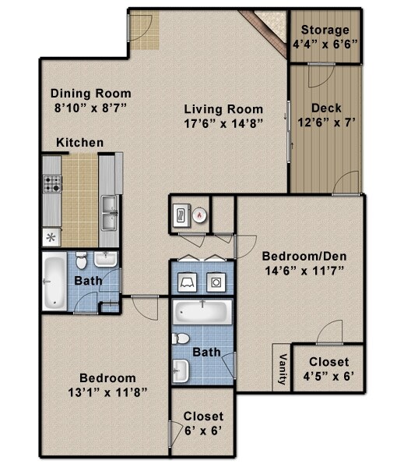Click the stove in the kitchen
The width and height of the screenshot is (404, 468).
tap(53, 184)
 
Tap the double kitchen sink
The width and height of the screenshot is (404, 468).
tap(110, 212)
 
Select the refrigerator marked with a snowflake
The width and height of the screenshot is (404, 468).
tap(52, 236)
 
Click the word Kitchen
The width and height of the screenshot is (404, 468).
tap(79, 143)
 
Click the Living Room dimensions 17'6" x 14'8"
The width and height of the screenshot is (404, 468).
tap(223, 122)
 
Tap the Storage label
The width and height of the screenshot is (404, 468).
tap(326, 30)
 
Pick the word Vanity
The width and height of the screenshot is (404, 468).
tap(281, 370)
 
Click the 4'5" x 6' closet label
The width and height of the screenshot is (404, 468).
tap(328, 378)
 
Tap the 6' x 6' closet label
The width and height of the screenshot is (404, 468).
tap(203, 431)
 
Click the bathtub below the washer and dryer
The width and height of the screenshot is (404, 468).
tap(201, 313)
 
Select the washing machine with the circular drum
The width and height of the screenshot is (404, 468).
tap(216, 280)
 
